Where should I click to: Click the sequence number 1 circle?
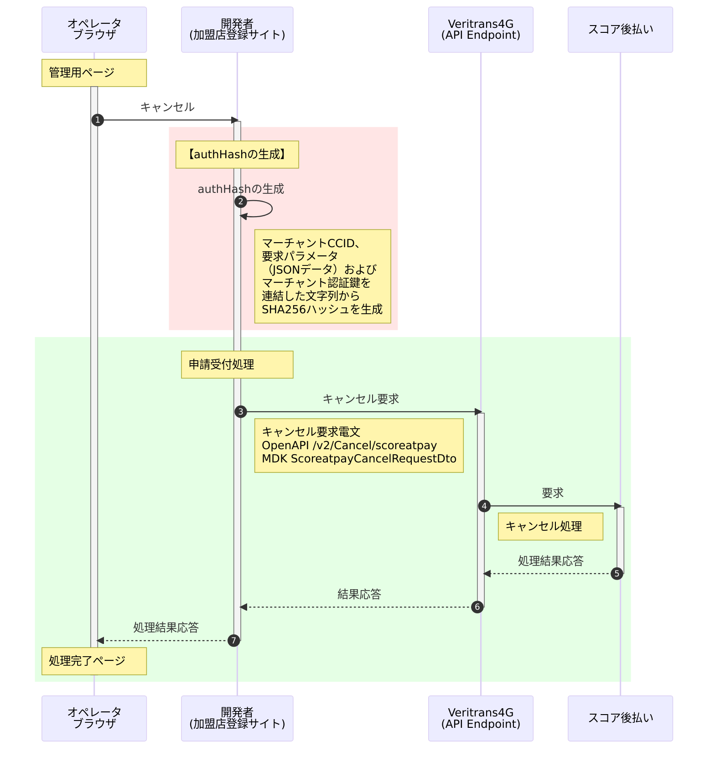98,120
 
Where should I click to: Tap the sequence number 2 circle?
241,202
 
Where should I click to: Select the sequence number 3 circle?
241,412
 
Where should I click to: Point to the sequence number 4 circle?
484,506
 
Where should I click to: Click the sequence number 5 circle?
617,574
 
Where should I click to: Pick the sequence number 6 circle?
477,607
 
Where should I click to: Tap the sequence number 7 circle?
233,641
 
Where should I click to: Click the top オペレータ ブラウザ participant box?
94,30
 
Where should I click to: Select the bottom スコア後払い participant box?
620,718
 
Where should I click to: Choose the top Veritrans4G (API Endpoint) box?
481,30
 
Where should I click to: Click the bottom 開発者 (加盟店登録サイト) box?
237,718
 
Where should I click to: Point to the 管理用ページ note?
94,73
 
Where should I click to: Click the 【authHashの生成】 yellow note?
237,155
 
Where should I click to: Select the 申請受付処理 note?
237,364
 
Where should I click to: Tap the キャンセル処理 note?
550,526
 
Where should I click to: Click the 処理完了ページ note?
94,661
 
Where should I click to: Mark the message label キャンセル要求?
361,399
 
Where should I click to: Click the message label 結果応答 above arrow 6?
359,594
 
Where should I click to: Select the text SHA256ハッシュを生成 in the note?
322,310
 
